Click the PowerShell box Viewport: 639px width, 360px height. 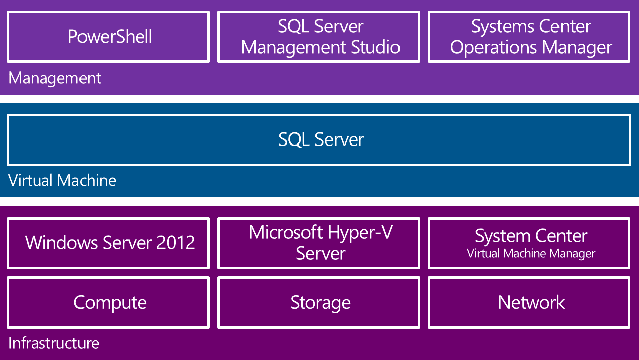point(108,37)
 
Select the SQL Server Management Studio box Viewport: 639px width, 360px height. point(318,37)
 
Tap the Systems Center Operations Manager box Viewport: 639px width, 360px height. point(529,37)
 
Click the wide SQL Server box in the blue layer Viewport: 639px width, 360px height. point(319,140)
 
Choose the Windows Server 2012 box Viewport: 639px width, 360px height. point(108,243)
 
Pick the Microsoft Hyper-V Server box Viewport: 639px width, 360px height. point(318,243)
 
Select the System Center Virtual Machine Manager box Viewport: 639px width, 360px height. point(529,243)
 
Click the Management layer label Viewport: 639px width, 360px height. point(55,78)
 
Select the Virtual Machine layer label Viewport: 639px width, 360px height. point(62,180)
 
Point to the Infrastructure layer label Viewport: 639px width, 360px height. point(53,343)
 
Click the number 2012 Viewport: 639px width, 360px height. point(175,243)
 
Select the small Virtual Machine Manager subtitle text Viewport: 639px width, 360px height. point(531,254)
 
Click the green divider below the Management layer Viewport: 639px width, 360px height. point(319,99)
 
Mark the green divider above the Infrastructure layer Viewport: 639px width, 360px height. point(319,201)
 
